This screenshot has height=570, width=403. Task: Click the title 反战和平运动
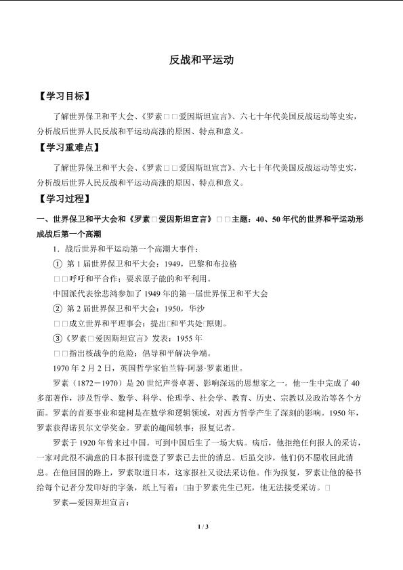[201, 60]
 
